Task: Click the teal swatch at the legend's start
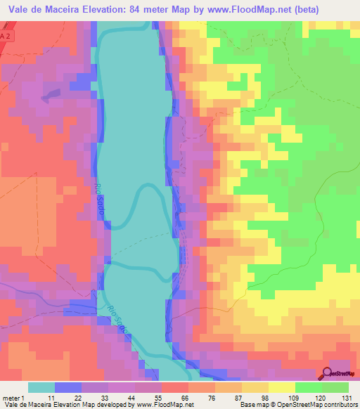click(x=41, y=387)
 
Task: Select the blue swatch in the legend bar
click(x=68, y=387)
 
